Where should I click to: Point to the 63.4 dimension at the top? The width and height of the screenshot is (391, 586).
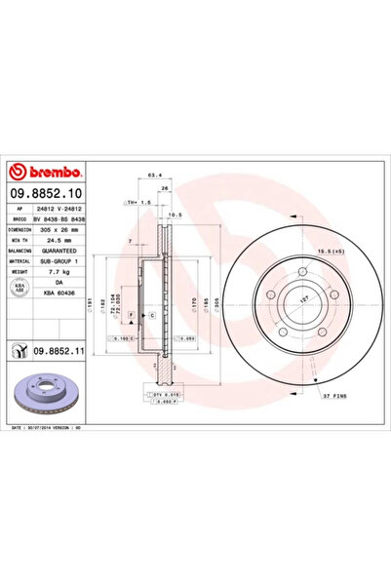click(153, 176)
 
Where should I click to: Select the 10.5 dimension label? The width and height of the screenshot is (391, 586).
click(176, 214)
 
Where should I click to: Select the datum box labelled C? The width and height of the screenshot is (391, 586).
click(154, 318)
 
